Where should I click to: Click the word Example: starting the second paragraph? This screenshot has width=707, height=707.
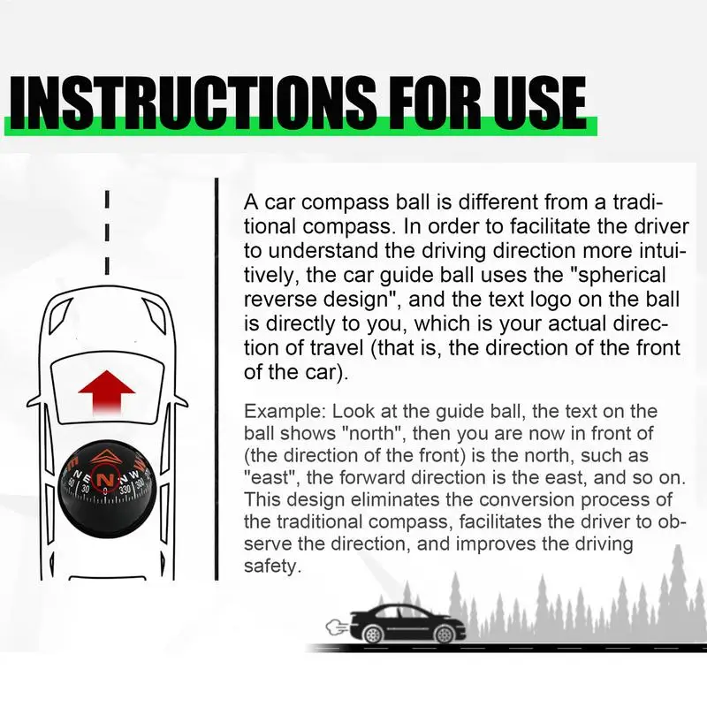coord(278,412)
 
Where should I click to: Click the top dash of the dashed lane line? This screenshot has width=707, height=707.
coord(106,198)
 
